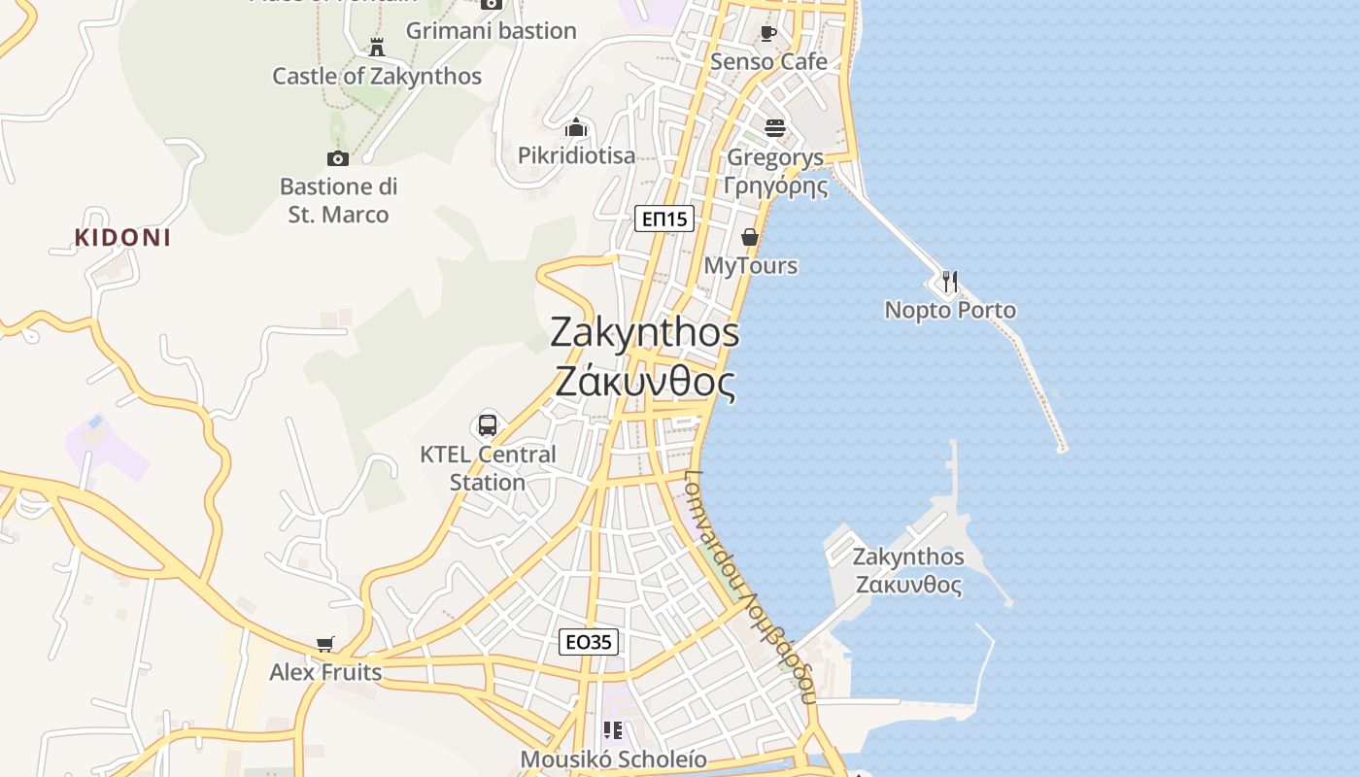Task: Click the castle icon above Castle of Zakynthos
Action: tap(377, 47)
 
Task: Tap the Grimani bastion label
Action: tap(491, 31)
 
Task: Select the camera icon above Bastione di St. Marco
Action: tap(338, 158)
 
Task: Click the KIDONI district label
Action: tap(122, 238)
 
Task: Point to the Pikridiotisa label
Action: tap(576, 155)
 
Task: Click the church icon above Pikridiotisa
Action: tap(576, 127)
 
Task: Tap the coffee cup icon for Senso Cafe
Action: tap(768, 34)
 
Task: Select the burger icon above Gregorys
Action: tap(774, 128)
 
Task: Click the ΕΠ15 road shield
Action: tap(665, 220)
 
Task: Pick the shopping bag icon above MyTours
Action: tap(750, 237)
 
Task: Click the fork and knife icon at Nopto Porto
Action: tap(950, 282)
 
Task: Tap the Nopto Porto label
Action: tap(950, 311)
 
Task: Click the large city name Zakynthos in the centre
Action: tap(645, 333)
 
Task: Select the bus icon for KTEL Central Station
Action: tap(488, 425)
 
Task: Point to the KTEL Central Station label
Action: tap(488, 468)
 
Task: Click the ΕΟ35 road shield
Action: tap(589, 642)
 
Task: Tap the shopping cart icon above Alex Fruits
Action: tap(325, 645)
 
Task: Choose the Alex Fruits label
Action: tap(325, 672)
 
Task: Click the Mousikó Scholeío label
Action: tap(614, 760)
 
